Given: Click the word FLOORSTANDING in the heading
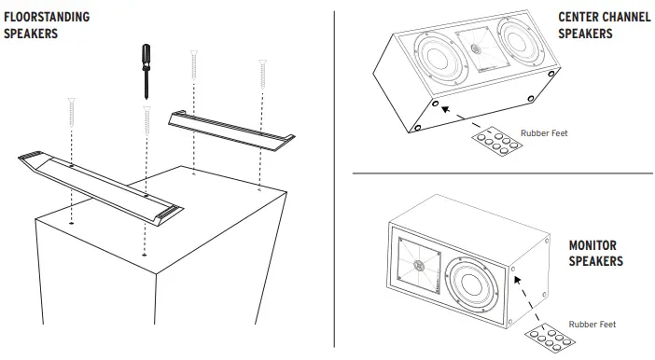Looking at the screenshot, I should [x=47, y=17].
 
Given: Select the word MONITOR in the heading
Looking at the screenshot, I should [x=594, y=245].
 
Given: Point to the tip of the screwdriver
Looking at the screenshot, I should [x=147, y=97].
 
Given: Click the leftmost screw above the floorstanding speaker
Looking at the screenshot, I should [x=72, y=114].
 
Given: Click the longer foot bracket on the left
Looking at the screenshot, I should [x=98, y=181].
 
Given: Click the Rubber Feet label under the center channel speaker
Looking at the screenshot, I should [x=545, y=133].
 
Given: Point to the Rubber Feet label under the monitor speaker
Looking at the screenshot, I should [x=592, y=324].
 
